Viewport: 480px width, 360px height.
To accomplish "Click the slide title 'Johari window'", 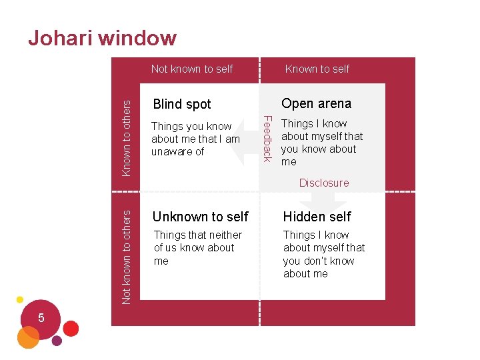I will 102,38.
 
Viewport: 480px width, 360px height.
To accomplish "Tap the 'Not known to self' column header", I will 192,69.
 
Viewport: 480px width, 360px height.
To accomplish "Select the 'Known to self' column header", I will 317,69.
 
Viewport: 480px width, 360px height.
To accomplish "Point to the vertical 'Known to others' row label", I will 126,136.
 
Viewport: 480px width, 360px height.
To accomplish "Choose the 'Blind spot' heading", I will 182,104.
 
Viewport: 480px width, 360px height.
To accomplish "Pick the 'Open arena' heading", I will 316,103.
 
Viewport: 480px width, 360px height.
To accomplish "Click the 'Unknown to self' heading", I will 200,217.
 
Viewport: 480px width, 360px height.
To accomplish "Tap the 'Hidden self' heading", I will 317,217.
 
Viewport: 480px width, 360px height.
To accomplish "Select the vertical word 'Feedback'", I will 267,138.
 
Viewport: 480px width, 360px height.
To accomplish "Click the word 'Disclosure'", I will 324,183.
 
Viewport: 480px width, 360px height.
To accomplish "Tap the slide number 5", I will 41,318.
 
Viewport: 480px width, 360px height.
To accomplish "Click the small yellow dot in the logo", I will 20,299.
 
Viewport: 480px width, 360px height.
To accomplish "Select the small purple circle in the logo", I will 57,341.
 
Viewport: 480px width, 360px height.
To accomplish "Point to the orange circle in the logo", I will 28,338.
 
